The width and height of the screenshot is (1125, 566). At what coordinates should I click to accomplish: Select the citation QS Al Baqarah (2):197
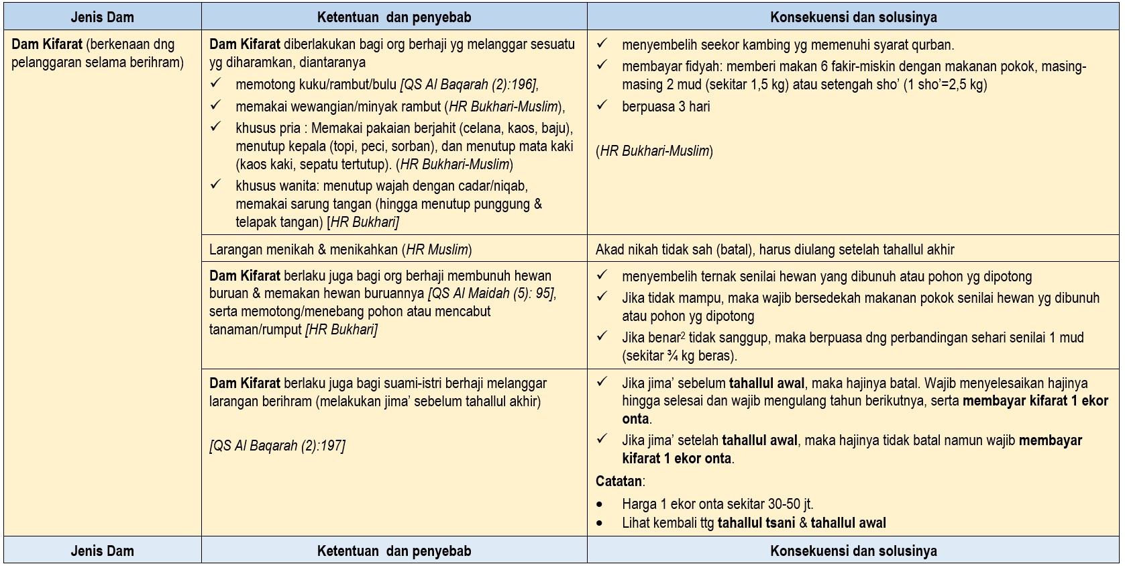tap(277, 446)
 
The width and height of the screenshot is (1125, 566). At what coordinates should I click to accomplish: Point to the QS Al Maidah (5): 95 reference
tap(492, 293)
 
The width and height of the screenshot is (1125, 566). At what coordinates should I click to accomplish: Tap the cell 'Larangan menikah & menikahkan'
tap(305, 250)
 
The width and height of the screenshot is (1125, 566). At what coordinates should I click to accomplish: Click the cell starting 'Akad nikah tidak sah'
tap(774, 250)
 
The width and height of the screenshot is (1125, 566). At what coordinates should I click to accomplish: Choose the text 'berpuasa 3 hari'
tap(665, 107)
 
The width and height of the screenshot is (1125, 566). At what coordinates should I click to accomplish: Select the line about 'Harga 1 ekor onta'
tap(717, 504)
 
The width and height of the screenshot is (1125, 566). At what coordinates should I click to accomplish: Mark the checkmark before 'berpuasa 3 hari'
tap(602, 105)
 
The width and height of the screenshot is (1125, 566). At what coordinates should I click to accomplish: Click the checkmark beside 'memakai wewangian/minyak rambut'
tap(215, 105)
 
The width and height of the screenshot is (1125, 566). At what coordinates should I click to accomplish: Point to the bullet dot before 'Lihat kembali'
tap(600, 524)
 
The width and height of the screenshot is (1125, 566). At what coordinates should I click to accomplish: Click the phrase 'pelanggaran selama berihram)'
tap(97, 62)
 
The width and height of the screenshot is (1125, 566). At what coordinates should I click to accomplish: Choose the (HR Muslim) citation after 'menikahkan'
tap(437, 250)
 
